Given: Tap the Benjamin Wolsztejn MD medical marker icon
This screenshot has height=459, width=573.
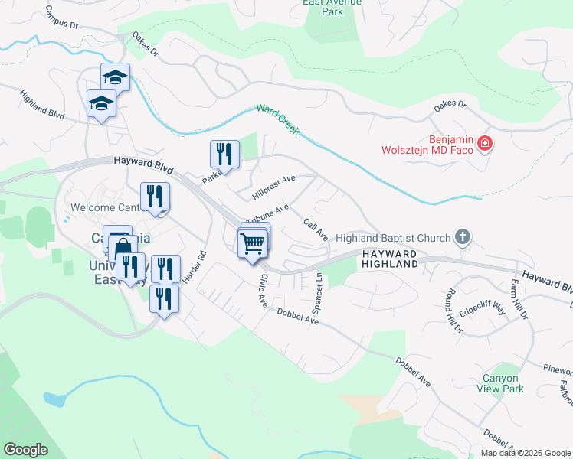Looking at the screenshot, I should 484,142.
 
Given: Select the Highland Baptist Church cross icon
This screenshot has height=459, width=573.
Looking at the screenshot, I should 462,236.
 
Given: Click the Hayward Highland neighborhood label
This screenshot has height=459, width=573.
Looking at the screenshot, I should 390,258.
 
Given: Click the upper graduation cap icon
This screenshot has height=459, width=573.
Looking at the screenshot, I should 115,77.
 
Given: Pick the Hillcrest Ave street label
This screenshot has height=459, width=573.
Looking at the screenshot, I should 273,184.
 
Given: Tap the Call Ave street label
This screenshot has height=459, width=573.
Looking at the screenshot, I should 316,229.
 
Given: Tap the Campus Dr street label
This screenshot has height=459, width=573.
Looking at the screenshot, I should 61,17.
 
